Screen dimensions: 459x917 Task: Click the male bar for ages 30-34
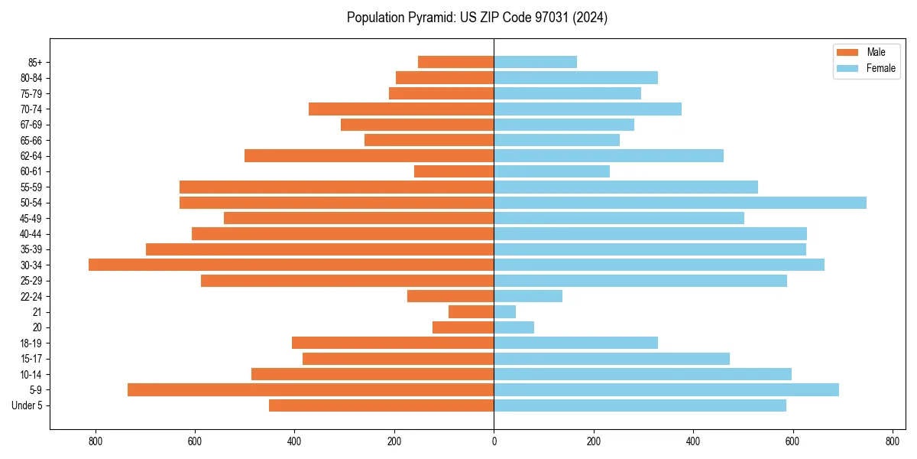pos(291,265)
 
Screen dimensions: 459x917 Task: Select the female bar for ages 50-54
pos(680,203)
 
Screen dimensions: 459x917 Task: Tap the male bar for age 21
pos(471,312)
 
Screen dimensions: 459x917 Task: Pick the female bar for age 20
pos(514,327)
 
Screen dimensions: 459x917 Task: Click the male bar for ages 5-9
pos(310,390)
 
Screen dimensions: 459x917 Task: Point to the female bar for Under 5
pos(640,405)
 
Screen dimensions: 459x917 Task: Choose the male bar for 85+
pos(456,62)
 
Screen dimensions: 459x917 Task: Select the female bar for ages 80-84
pos(575,78)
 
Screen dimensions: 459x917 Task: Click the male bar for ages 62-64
pos(369,156)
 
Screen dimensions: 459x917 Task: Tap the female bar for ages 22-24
pos(528,296)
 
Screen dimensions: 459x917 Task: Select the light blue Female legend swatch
pos(848,68)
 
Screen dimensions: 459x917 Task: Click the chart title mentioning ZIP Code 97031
pos(477,18)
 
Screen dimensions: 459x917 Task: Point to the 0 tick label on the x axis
pos(494,441)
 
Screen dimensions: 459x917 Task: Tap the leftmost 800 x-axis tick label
pos(96,441)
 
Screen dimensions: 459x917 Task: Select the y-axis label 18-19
pos(31,343)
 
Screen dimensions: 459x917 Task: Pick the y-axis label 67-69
pos(31,125)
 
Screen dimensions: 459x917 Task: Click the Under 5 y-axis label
pos(28,405)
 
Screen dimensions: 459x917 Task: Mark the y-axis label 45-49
pos(31,218)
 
